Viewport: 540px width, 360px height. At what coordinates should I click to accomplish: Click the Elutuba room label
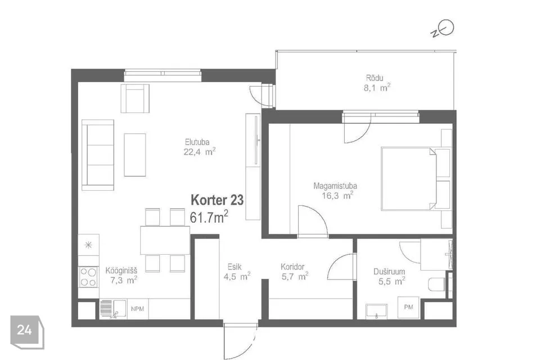pyautogui.click(x=197, y=142)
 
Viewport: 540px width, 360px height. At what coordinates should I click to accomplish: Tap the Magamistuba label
pyautogui.click(x=335, y=186)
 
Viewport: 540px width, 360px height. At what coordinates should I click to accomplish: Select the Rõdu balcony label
pyautogui.click(x=375, y=78)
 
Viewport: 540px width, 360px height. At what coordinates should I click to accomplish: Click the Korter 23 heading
pyautogui.click(x=217, y=200)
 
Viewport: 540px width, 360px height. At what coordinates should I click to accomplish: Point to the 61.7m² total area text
pyautogui.click(x=209, y=217)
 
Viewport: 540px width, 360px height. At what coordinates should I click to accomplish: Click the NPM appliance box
pyautogui.click(x=138, y=309)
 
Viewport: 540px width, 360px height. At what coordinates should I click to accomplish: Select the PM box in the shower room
pyautogui.click(x=408, y=307)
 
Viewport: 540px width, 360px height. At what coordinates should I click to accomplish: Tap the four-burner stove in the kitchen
pyautogui.click(x=88, y=277)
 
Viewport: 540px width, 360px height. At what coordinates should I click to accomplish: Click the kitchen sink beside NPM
pyautogui.click(x=113, y=309)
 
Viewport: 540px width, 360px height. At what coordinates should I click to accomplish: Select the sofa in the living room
pyautogui.click(x=98, y=155)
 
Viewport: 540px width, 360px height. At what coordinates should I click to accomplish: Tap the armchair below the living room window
pyautogui.click(x=135, y=98)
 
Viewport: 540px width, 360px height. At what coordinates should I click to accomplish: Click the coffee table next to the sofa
pyautogui.click(x=135, y=155)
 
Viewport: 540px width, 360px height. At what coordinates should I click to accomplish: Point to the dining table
pyautogui.click(x=165, y=240)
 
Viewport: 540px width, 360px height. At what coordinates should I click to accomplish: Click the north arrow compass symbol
pyautogui.click(x=443, y=29)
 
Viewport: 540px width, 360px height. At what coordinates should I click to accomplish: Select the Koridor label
pyautogui.click(x=292, y=267)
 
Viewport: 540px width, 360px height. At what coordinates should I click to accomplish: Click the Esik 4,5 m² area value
pyautogui.click(x=237, y=277)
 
